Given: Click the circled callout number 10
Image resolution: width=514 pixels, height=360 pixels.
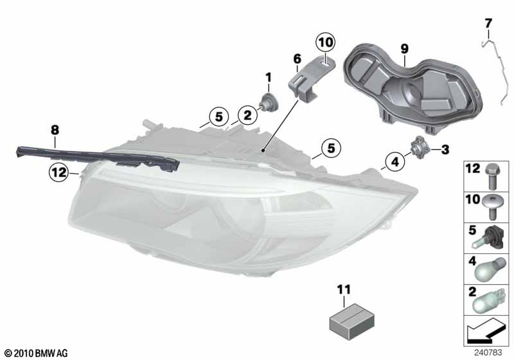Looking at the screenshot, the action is pyautogui.click(x=326, y=42).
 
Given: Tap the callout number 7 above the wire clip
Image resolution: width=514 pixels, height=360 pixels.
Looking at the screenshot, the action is pyautogui.click(x=488, y=24).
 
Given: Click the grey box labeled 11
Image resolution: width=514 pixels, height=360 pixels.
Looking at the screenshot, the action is pyautogui.click(x=351, y=321).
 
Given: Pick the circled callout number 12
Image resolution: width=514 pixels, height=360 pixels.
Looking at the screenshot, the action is pyautogui.click(x=59, y=172).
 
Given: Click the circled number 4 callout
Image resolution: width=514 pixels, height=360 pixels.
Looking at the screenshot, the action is pyautogui.click(x=395, y=161).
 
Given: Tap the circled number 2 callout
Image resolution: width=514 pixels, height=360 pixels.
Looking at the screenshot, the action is pyautogui.click(x=248, y=115).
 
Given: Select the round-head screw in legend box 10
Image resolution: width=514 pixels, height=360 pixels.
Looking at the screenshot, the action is pyautogui.click(x=492, y=206).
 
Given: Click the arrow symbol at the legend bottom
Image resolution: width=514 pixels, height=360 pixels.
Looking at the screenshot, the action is pyautogui.click(x=485, y=330).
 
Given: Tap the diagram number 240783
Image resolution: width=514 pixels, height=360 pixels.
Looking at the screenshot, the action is pyautogui.click(x=488, y=352).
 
